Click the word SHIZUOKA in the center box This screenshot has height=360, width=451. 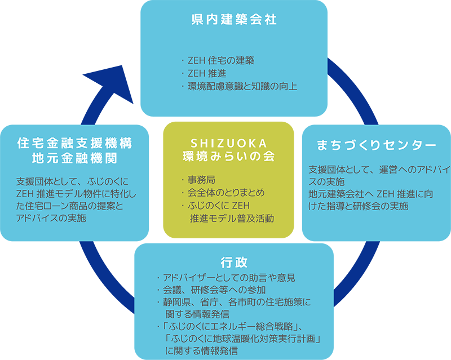click(x=228, y=142)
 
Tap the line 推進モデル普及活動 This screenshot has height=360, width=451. click(x=231, y=218)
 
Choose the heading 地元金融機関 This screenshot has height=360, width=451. click(x=75, y=158)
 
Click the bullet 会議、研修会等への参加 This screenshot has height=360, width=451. click(x=214, y=290)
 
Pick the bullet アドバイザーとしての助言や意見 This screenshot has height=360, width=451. click(x=228, y=278)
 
